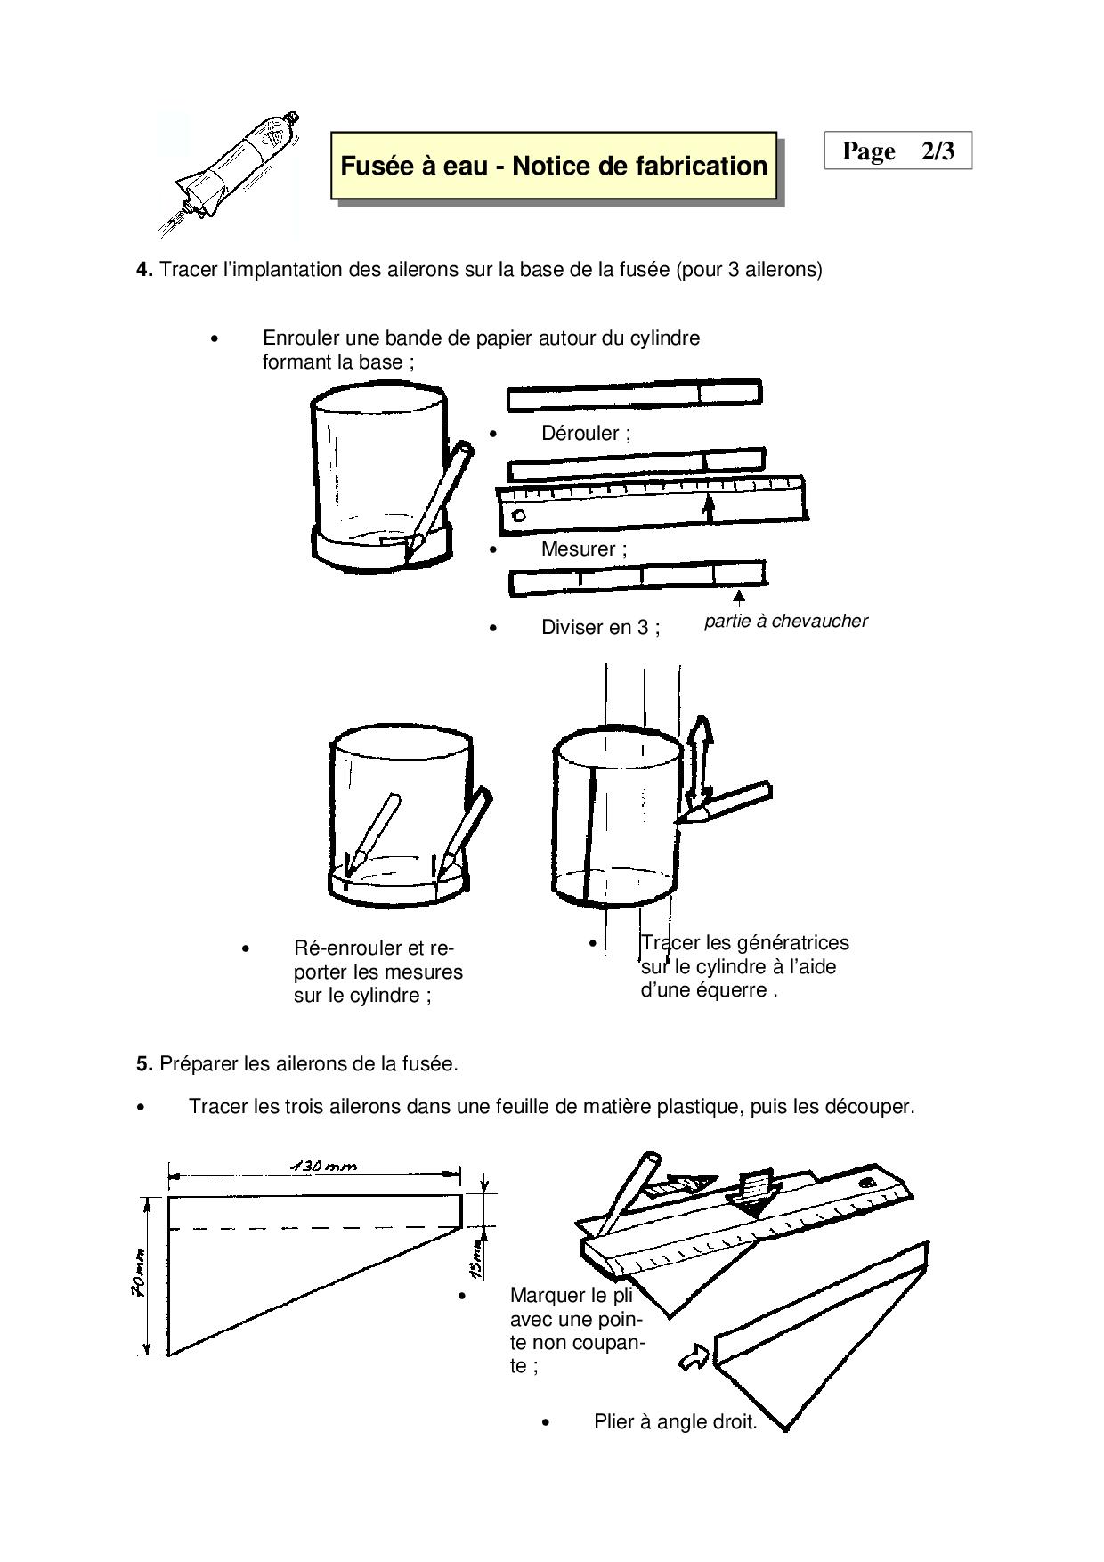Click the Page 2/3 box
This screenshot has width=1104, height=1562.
click(x=897, y=151)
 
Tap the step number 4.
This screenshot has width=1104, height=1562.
click(x=143, y=270)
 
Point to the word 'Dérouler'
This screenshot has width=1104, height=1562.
click(x=580, y=434)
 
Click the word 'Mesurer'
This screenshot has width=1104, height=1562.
click(x=578, y=549)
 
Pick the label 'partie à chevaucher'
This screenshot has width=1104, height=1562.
click(x=785, y=622)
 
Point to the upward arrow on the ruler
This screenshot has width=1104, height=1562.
click(x=709, y=507)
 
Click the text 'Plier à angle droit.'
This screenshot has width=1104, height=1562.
click(x=675, y=1422)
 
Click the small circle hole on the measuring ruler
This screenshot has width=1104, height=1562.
click(x=519, y=516)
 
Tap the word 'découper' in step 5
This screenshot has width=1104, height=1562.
click(x=865, y=1107)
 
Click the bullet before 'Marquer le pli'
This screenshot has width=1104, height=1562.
click(x=462, y=1297)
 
